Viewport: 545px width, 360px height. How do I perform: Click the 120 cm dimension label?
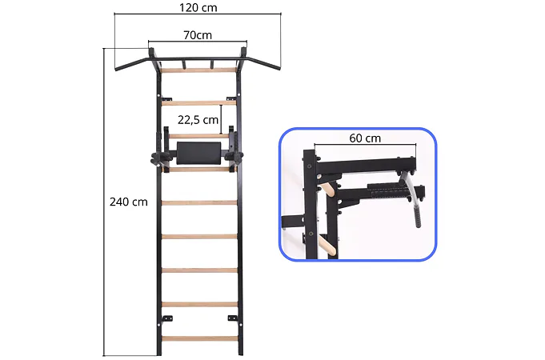click(x=198, y=7)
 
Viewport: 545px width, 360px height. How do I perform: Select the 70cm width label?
click(x=198, y=35)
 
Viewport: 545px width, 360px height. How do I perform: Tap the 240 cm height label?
click(x=129, y=202)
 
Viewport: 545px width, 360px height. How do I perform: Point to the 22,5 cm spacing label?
click(x=198, y=120)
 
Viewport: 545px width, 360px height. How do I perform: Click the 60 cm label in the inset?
click(x=365, y=138)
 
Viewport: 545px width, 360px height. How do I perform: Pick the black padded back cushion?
click(x=198, y=153)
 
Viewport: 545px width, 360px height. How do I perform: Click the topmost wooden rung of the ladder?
click(x=198, y=70)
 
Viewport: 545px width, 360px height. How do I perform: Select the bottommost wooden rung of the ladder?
click(x=199, y=338)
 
